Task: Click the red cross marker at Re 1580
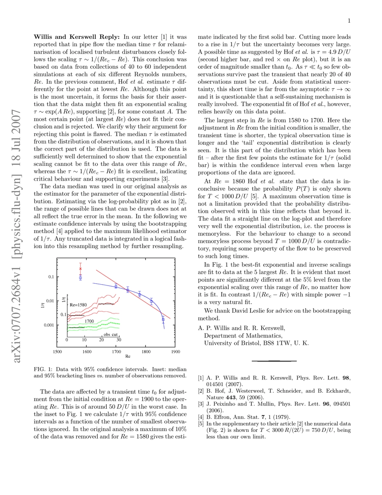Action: [80, 269]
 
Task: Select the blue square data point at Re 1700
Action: [116, 286]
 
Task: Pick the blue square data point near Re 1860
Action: [163, 319]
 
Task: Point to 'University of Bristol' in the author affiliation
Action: [232, 342]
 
